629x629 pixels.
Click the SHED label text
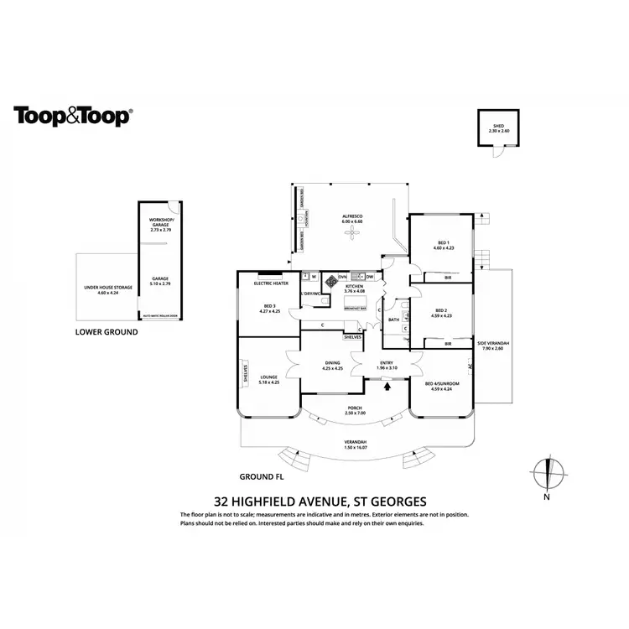tap(496, 127)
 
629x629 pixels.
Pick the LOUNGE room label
tap(268, 377)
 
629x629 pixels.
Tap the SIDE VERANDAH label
tap(493, 343)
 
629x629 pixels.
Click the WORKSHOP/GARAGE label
tap(159, 223)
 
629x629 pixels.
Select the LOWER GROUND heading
tap(107, 332)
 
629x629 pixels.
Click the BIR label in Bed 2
tap(447, 343)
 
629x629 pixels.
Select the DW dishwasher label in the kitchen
tap(369, 276)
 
